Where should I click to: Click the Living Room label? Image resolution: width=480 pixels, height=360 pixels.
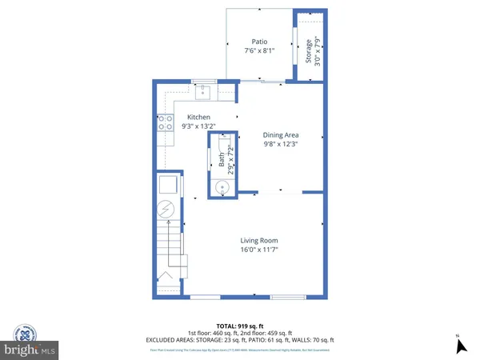(259, 240)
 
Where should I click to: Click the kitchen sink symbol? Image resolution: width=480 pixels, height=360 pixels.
(203, 92)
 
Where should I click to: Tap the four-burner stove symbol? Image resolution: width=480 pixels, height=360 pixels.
(165, 122)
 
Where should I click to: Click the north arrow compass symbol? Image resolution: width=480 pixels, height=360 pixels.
(460, 345)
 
